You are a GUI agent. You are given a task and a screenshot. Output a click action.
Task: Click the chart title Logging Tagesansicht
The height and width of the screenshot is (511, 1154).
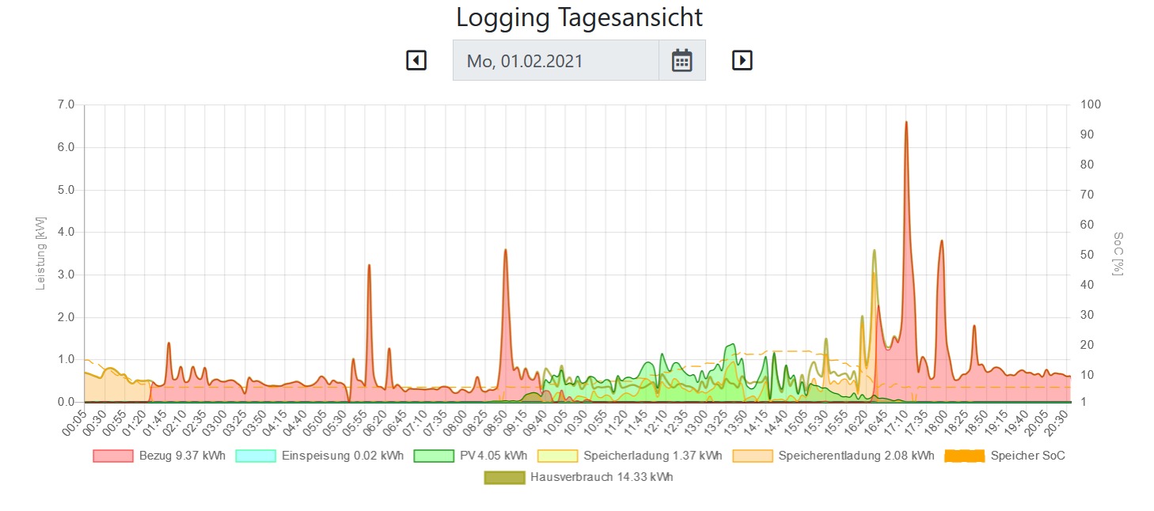pyautogui.click(x=579, y=17)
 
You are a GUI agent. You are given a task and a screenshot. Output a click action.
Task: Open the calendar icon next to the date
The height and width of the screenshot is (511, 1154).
pyautogui.click(x=681, y=60)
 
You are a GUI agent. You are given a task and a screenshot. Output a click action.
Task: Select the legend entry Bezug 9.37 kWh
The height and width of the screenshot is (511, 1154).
pyautogui.click(x=159, y=456)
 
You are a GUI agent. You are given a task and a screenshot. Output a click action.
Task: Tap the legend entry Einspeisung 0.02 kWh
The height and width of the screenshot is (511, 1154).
pyautogui.click(x=320, y=456)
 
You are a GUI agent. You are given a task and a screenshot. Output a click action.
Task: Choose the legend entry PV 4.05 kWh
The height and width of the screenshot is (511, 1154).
pyautogui.click(x=470, y=456)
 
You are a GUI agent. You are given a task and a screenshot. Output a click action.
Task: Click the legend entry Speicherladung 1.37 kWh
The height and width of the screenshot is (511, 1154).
pyautogui.click(x=629, y=456)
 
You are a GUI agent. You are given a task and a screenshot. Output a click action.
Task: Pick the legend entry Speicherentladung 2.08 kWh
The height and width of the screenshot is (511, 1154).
pyautogui.click(x=833, y=456)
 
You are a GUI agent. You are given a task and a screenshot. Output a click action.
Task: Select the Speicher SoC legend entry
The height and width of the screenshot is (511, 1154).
pyautogui.click(x=1004, y=456)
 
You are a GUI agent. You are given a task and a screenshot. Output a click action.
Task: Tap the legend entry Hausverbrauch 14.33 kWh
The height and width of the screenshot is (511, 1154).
pyautogui.click(x=579, y=478)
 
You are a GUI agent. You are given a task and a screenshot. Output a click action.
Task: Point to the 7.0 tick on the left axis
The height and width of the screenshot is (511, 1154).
pyautogui.click(x=66, y=104)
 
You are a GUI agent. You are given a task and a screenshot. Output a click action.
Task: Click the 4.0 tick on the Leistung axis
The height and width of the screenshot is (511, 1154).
pyautogui.click(x=66, y=232)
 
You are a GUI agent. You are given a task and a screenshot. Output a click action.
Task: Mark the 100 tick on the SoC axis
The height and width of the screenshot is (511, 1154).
pyautogui.click(x=1091, y=104)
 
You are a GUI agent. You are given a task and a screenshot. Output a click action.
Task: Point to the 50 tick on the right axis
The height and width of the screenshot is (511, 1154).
pyautogui.click(x=1087, y=255)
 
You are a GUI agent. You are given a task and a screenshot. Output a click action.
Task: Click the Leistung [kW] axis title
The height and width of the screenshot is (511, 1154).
pyautogui.click(x=40, y=253)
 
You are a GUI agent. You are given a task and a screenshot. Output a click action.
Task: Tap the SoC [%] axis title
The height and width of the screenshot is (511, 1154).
pyautogui.click(x=1118, y=253)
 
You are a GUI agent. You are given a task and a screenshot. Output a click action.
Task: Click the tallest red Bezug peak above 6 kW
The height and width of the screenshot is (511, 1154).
pyautogui.click(x=906, y=123)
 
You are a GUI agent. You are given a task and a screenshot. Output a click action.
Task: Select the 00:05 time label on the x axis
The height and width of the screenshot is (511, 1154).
pyautogui.click(x=74, y=423)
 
